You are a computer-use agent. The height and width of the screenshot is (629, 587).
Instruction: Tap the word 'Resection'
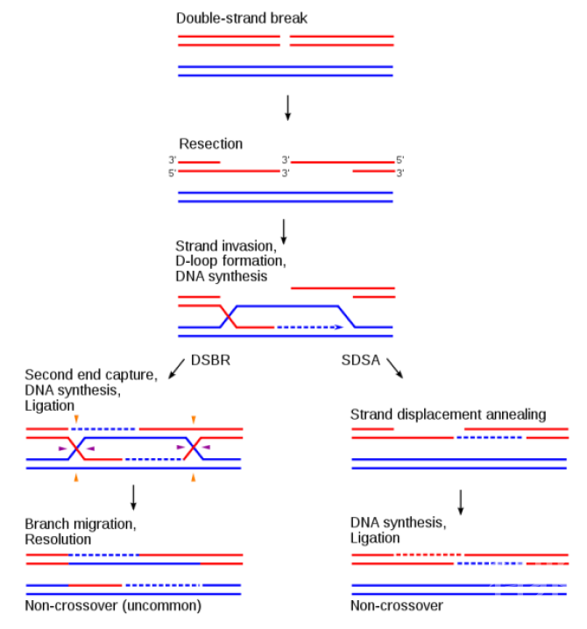[x=210, y=144]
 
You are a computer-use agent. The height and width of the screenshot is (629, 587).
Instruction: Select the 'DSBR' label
[x=210, y=360]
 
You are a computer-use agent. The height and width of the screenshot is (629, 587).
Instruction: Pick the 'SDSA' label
[x=359, y=360]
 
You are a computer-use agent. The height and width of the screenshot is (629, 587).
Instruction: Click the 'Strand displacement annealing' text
[x=448, y=414]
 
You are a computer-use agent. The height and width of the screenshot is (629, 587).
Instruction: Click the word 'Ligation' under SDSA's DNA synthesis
[x=375, y=538]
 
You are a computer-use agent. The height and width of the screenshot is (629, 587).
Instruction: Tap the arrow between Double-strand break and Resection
[x=287, y=107]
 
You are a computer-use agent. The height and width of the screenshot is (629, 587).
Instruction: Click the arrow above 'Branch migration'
[x=133, y=497]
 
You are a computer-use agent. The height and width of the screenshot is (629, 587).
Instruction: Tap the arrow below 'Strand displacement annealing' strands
[x=460, y=501]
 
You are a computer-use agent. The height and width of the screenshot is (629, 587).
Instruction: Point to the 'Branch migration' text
[x=81, y=524]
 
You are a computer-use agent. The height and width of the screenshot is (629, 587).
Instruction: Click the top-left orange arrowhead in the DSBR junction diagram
[x=77, y=420]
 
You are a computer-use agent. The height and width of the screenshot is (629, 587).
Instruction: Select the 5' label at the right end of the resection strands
[x=400, y=159]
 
